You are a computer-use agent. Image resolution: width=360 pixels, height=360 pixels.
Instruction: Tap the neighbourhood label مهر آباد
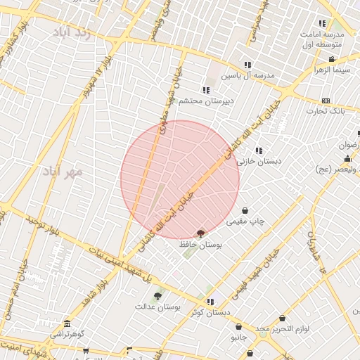63,171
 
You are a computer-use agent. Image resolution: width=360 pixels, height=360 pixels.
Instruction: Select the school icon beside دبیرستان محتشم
205,90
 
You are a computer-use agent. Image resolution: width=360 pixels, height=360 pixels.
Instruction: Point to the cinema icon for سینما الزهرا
332,60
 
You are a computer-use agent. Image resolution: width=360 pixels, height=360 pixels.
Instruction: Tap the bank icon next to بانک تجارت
325,101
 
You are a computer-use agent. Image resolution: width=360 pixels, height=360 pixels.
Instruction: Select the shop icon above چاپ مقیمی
245,210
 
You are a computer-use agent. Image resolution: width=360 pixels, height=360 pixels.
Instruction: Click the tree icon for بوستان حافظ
201,233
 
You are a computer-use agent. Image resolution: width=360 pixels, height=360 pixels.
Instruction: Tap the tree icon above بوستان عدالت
157,296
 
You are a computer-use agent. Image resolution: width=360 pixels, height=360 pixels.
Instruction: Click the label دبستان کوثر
211,312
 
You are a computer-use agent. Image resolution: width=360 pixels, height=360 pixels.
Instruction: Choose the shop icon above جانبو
239,327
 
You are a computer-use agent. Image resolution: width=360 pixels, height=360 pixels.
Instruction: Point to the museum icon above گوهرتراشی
67,324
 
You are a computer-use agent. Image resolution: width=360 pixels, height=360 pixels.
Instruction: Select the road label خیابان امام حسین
15,288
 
